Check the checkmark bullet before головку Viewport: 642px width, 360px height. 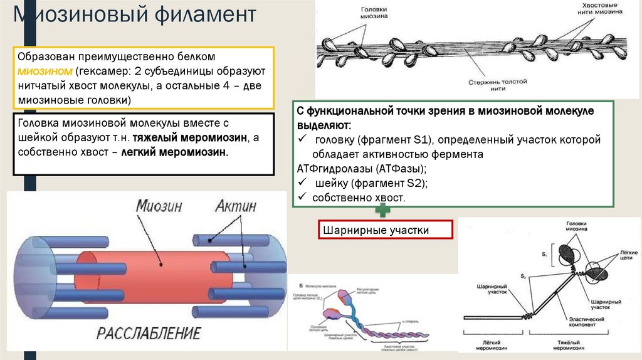point(302,139)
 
